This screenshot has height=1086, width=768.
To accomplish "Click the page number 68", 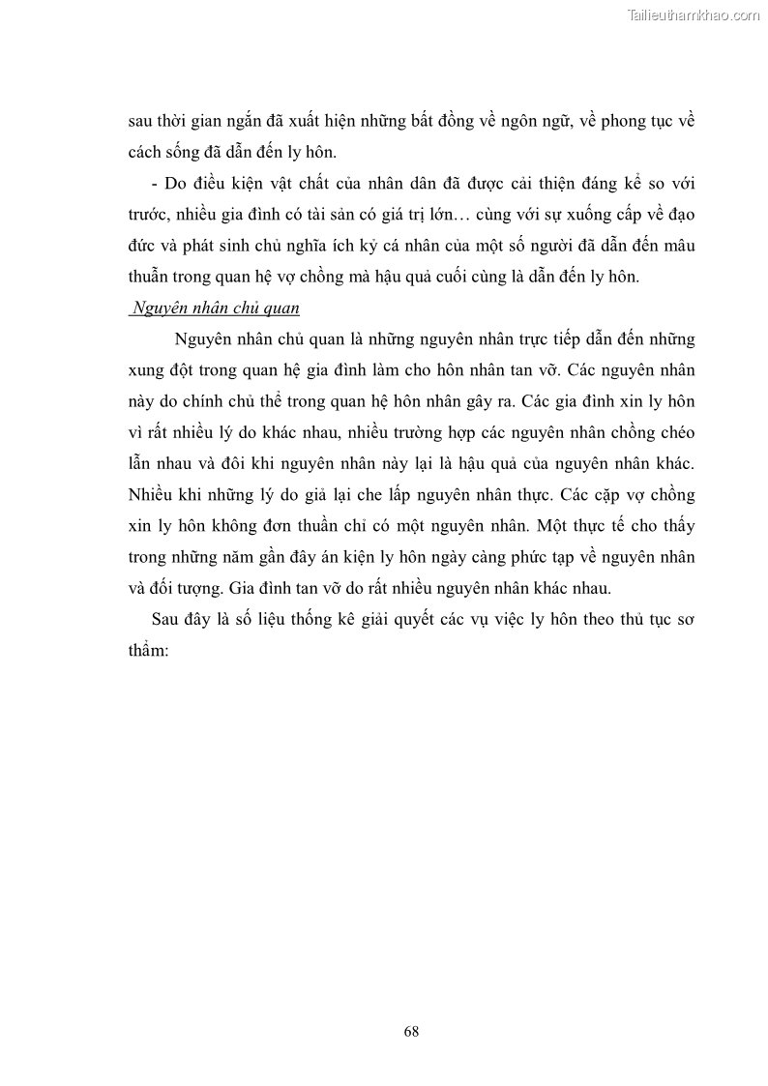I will coord(411,1031).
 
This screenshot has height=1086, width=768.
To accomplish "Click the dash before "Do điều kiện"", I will coord(142,185).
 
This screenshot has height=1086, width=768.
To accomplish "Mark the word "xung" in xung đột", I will coord(146,370).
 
